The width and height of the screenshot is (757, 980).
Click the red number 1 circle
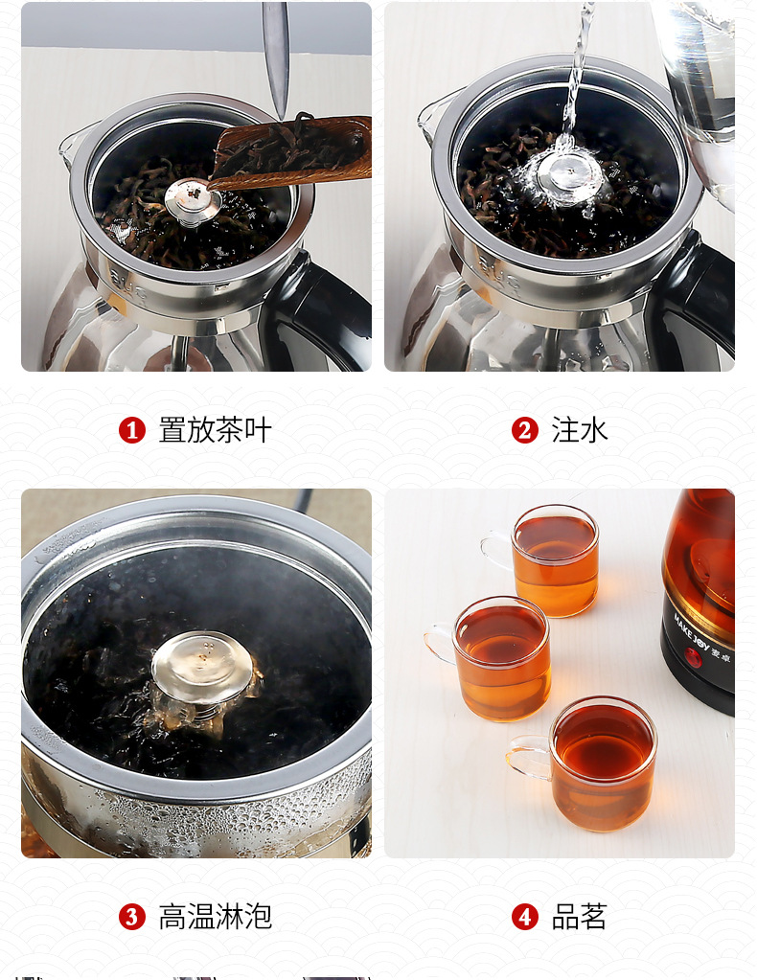tap(132, 431)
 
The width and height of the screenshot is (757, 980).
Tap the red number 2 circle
tap(525, 431)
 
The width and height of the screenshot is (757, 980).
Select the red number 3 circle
tap(132, 917)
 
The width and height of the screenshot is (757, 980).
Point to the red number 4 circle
tap(525, 917)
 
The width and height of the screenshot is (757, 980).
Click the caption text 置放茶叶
tap(215, 431)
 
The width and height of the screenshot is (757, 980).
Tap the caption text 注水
tap(580, 431)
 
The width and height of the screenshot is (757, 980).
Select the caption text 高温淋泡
tap(215, 917)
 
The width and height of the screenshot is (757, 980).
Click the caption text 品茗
tap(580, 917)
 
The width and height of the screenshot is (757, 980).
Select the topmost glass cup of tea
tap(549, 560)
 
